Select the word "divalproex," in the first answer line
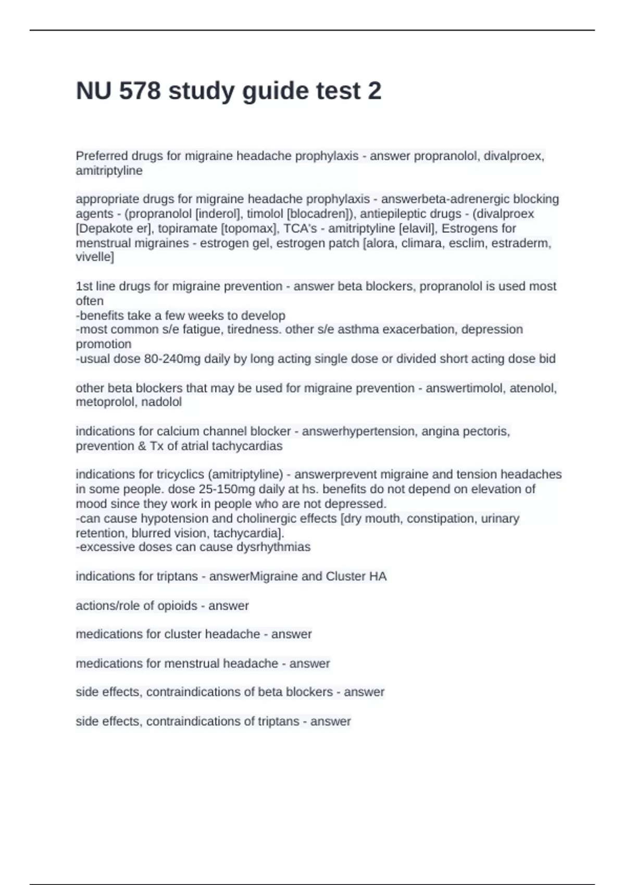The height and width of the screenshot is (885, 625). (514, 156)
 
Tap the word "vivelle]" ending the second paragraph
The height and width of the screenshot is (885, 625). (95, 257)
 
